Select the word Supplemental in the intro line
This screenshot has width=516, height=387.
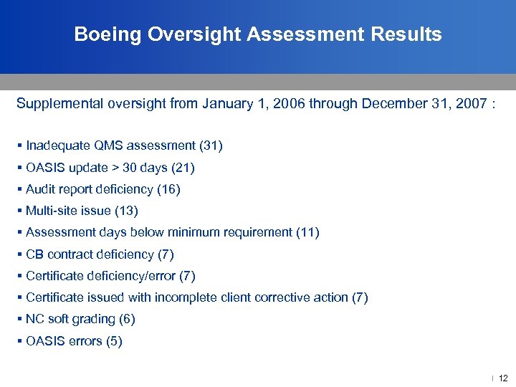click(x=59, y=103)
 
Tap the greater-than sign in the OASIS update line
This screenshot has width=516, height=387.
click(x=115, y=168)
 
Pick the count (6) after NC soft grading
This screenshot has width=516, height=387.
click(x=127, y=319)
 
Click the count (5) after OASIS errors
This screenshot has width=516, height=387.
click(x=113, y=341)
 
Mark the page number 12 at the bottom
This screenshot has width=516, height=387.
click(x=502, y=378)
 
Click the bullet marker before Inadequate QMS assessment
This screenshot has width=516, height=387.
click(x=20, y=146)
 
